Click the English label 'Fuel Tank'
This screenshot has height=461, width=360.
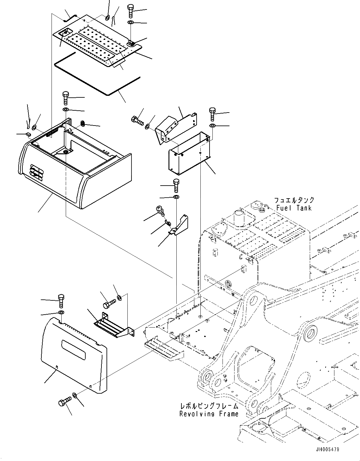pyautogui.click(x=294, y=208)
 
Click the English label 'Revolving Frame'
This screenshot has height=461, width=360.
pyautogui.click(x=209, y=414)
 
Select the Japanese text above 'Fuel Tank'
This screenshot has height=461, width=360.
pyautogui.click(x=294, y=200)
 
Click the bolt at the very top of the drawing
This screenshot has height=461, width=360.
pyautogui.click(x=131, y=12)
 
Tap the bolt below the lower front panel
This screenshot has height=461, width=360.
pyautogui.click(x=63, y=403)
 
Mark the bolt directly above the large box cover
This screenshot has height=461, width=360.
pyautogui.click(x=66, y=98)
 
